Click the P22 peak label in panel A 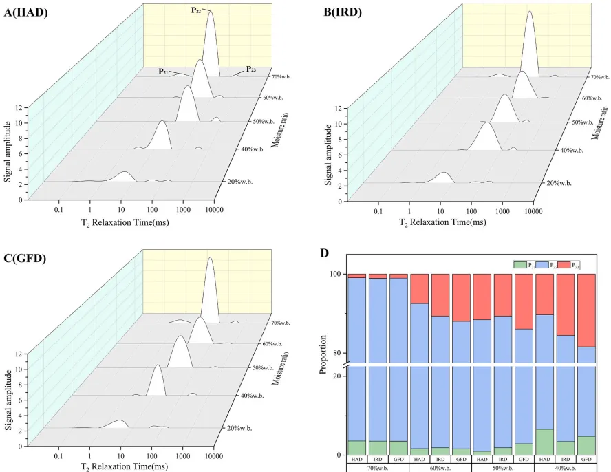tap(196, 11)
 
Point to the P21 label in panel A tap(163, 71)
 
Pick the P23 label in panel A tap(251, 69)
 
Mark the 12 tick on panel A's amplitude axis tap(24, 108)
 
